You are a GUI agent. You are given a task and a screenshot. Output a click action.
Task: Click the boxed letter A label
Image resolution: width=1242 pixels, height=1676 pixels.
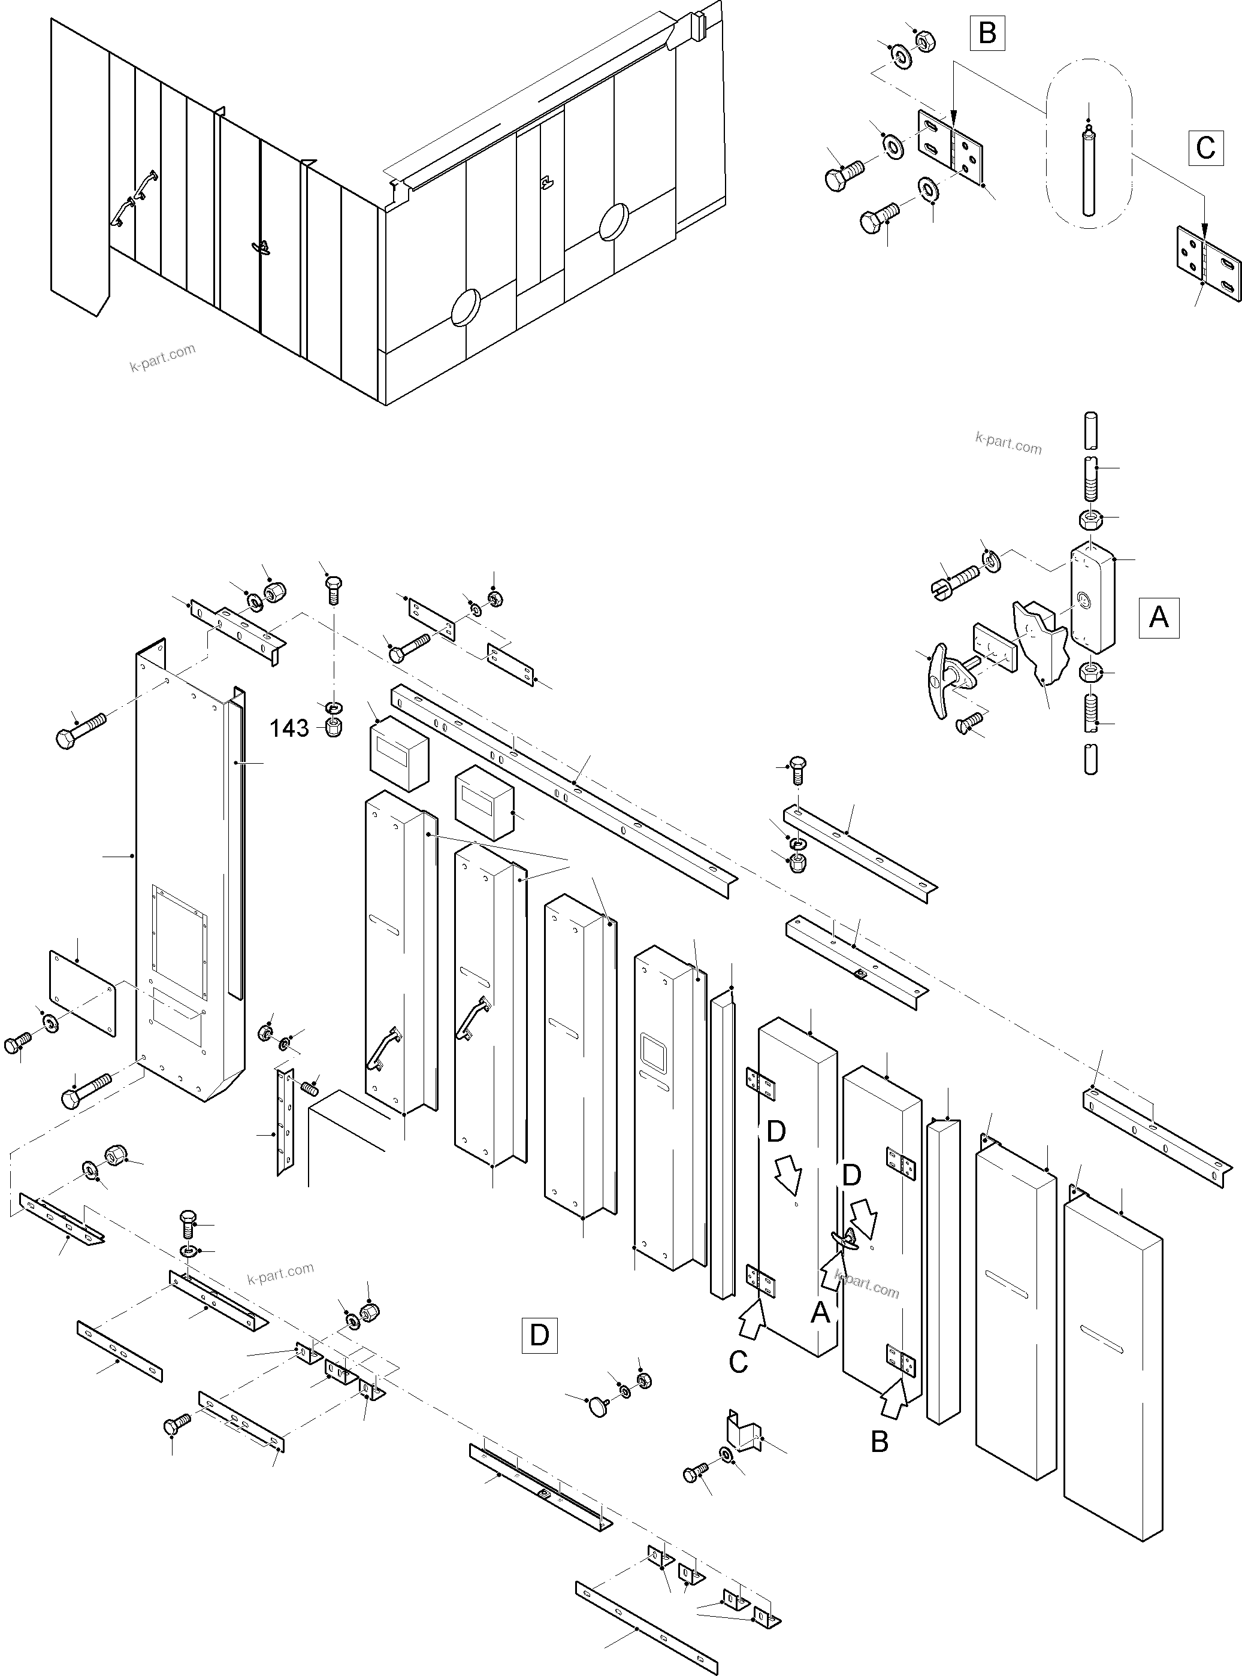[1159, 617]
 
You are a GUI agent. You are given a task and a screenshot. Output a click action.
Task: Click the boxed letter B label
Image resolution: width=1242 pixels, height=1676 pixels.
[987, 34]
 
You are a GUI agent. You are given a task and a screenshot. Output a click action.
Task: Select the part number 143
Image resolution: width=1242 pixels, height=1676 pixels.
[289, 728]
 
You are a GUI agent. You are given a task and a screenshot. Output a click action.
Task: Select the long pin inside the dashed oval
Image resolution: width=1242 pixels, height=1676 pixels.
[1089, 171]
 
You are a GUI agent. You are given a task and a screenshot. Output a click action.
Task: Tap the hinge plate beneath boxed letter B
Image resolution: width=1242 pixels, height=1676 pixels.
[951, 147]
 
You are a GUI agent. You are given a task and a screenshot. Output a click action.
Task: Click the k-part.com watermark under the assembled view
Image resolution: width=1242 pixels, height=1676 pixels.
[162, 358]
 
